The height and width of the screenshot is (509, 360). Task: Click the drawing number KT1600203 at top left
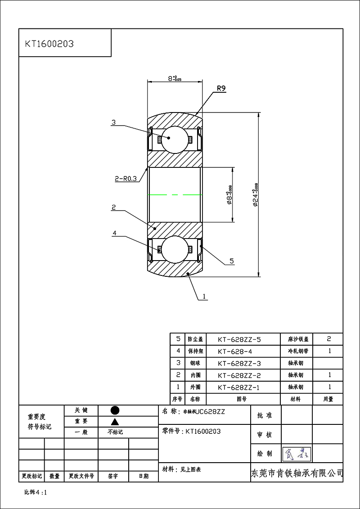click(49, 44)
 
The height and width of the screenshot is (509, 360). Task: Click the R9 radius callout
click(221, 89)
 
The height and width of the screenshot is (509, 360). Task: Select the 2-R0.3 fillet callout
click(126, 179)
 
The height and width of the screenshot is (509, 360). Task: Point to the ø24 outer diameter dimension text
click(256, 194)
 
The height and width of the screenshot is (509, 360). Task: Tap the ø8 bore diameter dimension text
click(230, 194)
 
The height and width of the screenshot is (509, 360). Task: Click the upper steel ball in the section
click(175, 139)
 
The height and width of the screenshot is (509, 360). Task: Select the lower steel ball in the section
click(175, 249)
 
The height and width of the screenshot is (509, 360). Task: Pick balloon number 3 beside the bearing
click(113, 122)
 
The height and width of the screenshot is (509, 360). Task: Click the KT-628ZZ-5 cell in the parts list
click(239, 339)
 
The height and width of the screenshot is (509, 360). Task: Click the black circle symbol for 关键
click(115, 410)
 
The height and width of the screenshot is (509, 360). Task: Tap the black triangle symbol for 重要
click(115, 421)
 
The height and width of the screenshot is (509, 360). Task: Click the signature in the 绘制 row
click(297, 454)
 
